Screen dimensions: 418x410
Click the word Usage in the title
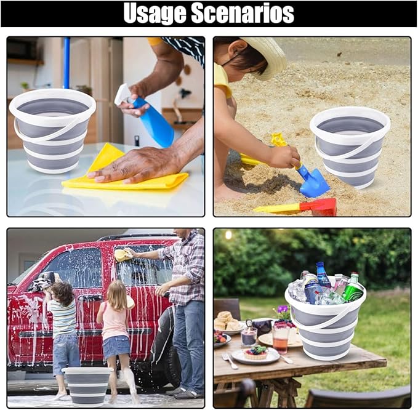coord(155,13)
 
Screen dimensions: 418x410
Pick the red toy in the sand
coord(318,207)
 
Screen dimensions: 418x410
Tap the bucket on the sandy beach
coord(350,147)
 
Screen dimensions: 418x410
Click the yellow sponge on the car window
coord(123,255)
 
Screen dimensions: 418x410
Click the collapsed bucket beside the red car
coord(87,385)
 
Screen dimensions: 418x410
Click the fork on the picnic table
coord(230,361)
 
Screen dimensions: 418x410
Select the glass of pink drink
coord(281,339)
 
